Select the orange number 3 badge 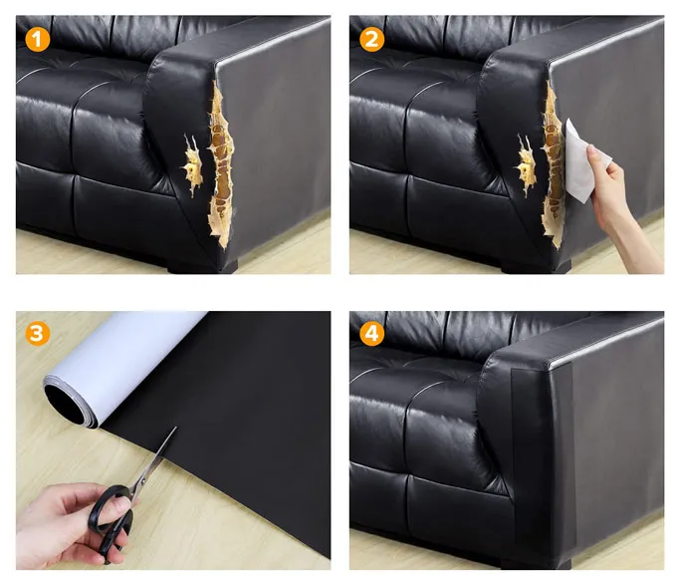37,334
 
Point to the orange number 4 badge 371,334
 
